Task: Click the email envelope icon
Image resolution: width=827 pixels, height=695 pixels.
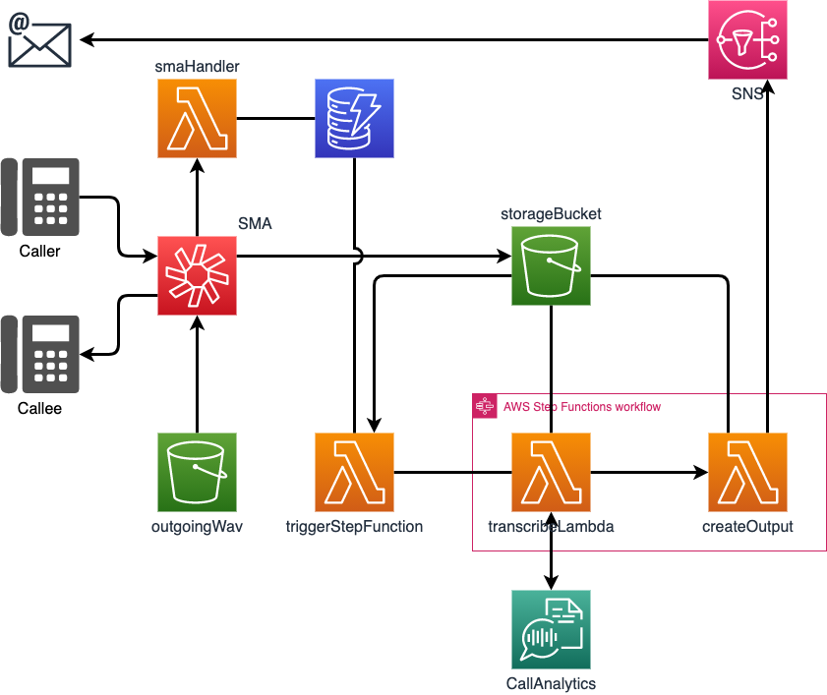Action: (x=39, y=40)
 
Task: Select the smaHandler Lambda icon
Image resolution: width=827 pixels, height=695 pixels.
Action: (x=197, y=118)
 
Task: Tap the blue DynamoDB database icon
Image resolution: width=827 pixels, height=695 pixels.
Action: (x=354, y=118)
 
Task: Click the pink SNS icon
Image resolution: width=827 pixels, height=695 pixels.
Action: (x=747, y=40)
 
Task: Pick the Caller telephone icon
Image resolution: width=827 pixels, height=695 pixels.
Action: (x=40, y=198)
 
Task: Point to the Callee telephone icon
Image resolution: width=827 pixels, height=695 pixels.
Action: (x=40, y=354)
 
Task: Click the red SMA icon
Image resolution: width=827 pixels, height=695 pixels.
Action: (x=197, y=276)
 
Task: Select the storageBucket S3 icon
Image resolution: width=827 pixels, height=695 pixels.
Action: (x=551, y=265)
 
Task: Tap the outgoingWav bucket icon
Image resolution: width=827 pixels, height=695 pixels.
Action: (x=197, y=472)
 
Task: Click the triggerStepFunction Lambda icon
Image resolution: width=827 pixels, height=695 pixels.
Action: (x=354, y=472)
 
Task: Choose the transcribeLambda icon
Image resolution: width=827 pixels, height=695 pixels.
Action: (x=551, y=472)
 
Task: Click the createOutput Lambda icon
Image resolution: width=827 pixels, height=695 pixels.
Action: (x=747, y=472)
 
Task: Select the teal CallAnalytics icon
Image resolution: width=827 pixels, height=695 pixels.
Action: (x=551, y=629)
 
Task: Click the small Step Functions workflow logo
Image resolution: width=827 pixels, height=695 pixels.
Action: (x=485, y=406)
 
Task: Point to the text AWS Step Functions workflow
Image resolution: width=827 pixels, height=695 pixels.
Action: (x=582, y=407)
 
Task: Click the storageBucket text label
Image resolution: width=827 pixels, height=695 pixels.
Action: (x=551, y=213)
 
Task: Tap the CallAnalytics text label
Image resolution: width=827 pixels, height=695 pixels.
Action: (x=551, y=683)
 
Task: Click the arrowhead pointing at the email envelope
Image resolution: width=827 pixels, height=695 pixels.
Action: (x=87, y=39)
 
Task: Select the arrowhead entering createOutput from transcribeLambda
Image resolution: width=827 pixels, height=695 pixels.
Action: (x=701, y=472)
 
